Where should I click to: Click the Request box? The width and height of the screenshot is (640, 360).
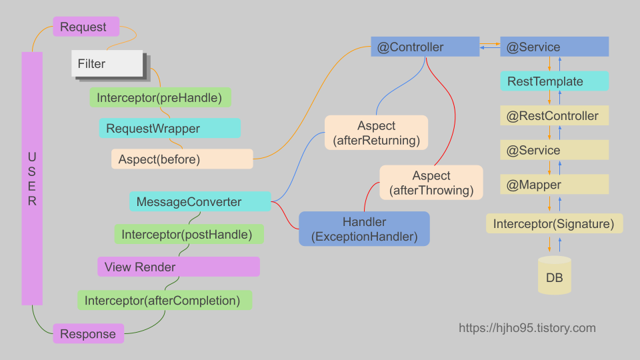86,27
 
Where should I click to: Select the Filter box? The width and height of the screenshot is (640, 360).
107,64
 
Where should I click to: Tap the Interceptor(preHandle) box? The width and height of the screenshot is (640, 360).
160,98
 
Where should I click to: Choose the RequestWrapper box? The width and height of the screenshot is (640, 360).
169,128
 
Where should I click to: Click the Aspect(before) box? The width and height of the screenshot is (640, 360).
181,159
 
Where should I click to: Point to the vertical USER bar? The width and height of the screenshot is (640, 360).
32,179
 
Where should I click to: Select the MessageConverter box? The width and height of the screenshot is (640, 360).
200,202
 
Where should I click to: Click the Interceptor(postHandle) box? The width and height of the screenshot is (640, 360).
189,234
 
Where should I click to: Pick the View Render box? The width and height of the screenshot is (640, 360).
178,267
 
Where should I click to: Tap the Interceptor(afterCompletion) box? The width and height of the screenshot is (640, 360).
164,300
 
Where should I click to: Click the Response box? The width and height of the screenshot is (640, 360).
88,333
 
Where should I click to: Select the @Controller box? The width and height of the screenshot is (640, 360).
425,47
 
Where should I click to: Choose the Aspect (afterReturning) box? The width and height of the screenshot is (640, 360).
376,133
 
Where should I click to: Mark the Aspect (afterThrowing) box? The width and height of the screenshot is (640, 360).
431,183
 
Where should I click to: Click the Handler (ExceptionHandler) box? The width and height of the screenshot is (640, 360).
364,229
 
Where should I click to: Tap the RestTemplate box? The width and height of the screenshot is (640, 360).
554,81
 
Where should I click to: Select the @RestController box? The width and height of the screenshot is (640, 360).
554,116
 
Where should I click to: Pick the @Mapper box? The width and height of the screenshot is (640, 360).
554,185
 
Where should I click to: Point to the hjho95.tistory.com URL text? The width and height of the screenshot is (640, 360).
527,328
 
